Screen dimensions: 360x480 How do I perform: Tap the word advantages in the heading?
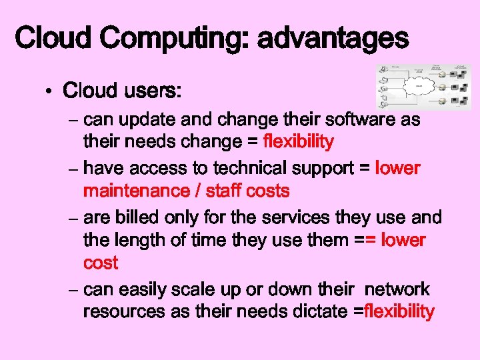(x=333, y=39)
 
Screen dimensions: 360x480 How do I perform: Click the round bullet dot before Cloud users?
(x=50, y=91)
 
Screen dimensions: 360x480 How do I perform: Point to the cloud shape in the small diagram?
(x=421, y=86)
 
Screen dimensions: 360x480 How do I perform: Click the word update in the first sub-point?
(x=149, y=120)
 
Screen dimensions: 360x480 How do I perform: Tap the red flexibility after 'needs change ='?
(x=298, y=141)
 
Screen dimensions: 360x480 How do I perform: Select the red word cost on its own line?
(x=100, y=263)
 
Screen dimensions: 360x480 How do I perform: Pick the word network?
(x=397, y=290)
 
